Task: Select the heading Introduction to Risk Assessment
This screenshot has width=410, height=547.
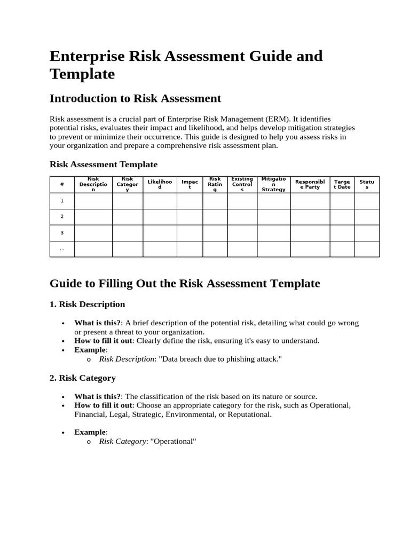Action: pyautogui.click(x=135, y=98)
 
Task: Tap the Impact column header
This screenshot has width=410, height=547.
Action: pyautogui.click(x=190, y=184)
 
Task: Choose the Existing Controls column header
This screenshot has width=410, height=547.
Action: pyautogui.click(x=242, y=184)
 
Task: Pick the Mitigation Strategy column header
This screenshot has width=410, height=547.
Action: pyautogui.click(x=273, y=184)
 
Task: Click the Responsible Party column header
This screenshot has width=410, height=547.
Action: pyautogui.click(x=310, y=184)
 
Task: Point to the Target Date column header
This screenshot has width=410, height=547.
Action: pyautogui.click(x=342, y=184)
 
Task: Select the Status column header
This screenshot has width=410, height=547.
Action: pyautogui.click(x=367, y=184)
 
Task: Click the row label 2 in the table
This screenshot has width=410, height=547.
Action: pyautogui.click(x=62, y=216)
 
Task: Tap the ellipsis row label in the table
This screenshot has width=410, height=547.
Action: pyautogui.click(x=62, y=249)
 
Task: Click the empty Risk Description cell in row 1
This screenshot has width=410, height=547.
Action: pyautogui.click(x=93, y=201)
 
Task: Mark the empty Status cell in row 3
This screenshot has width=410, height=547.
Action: pyautogui.click(x=367, y=233)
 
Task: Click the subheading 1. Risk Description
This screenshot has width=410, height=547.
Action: pyautogui.click(x=88, y=304)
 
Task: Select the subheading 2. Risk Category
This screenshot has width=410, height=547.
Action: pyautogui.click(x=83, y=378)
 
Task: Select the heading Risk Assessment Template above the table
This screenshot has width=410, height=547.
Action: pyautogui.click(x=104, y=165)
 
